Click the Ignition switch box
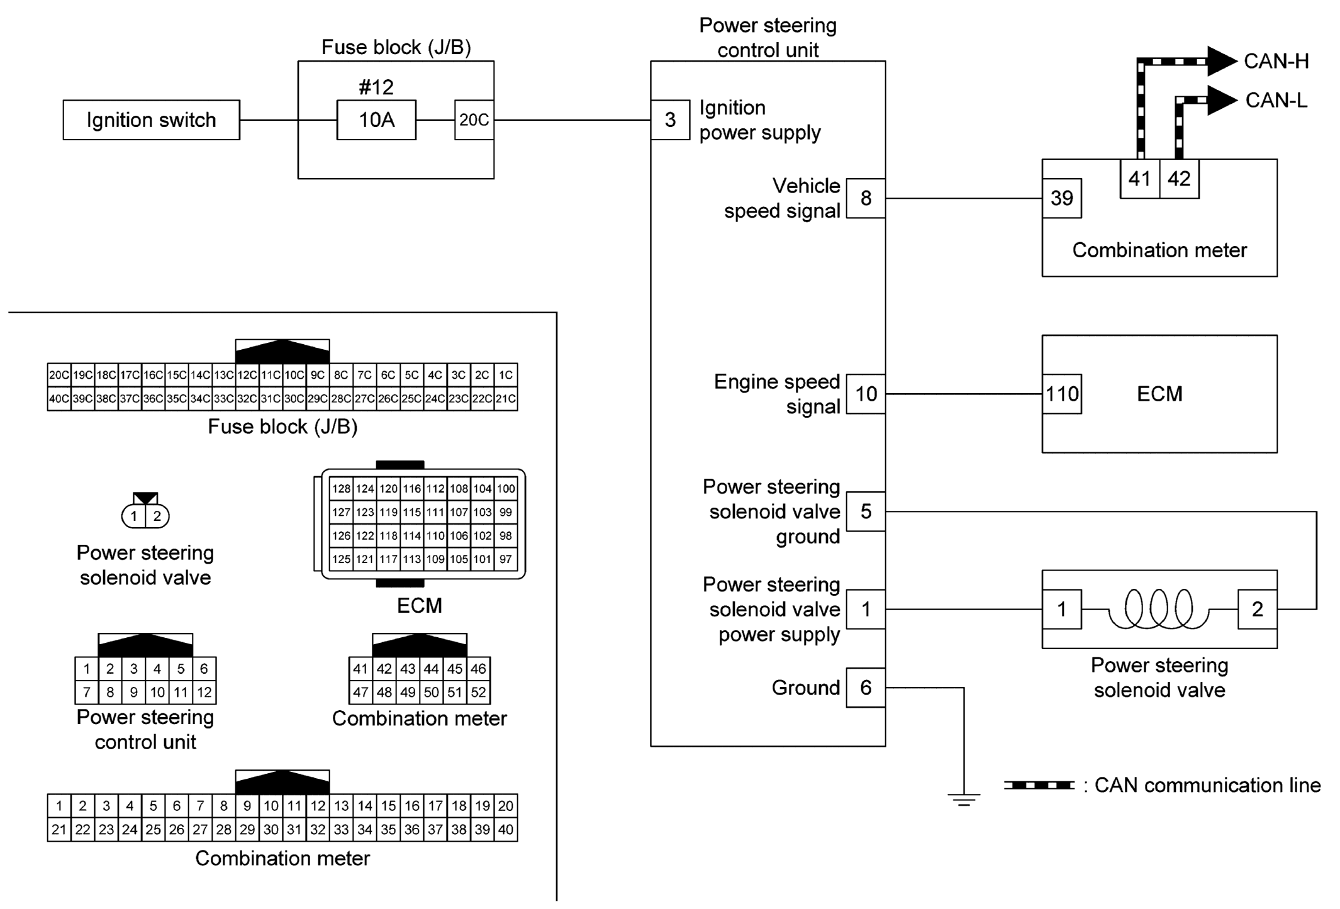(151, 120)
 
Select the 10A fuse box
(376, 120)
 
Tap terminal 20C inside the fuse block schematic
(474, 120)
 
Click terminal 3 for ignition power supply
(670, 120)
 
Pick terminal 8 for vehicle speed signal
(866, 198)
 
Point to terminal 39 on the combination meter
(1061, 198)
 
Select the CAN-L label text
(1276, 100)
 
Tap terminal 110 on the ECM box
(1062, 394)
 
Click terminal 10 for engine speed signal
(866, 394)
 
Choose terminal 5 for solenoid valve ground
(866, 511)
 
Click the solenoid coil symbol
(1158, 608)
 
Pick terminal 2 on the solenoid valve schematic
(1257, 609)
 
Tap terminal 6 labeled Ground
(866, 688)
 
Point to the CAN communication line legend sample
(1039, 785)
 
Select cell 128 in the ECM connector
(341, 489)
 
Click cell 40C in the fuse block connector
(59, 399)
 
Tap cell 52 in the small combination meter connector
(478, 693)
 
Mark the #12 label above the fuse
(376, 87)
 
